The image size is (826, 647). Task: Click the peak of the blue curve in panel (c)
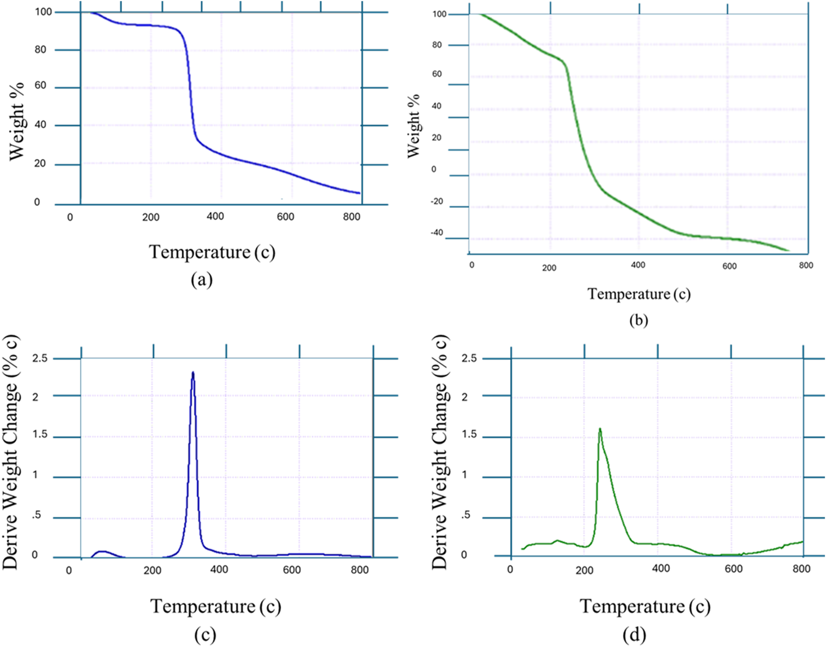(x=193, y=373)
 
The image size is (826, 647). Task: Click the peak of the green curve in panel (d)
(x=600, y=429)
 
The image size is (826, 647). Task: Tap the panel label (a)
(x=202, y=279)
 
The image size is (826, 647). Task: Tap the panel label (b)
(x=638, y=320)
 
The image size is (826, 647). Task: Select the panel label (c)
(x=205, y=634)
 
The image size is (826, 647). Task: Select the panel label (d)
(x=634, y=634)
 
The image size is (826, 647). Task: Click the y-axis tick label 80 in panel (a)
(x=41, y=49)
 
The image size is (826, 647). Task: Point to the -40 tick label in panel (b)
(x=436, y=232)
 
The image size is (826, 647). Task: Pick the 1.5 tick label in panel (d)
(x=468, y=434)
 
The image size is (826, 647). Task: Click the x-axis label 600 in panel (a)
(x=285, y=217)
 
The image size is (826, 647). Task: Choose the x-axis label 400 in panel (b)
(x=638, y=265)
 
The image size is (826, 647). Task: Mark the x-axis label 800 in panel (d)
(x=801, y=569)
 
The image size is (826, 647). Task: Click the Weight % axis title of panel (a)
(x=17, y=121)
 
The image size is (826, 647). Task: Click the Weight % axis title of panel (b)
(x=413, y=126)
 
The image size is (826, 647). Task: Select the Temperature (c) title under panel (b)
(x=639, y=294)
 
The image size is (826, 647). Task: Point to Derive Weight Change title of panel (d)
(x=439, y=452)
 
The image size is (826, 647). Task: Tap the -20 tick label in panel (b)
(x=436, y=201)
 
